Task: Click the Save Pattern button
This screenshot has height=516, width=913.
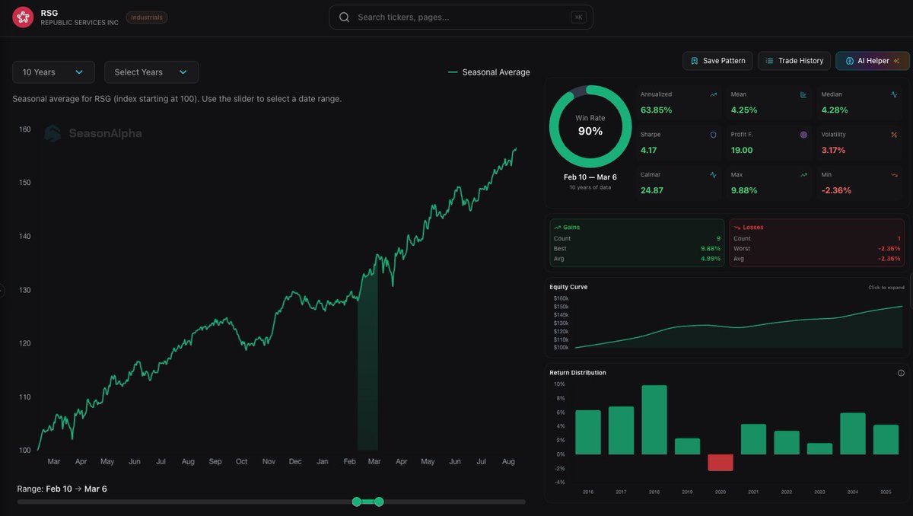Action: (717, 61)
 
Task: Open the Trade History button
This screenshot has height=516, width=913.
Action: (794, 61)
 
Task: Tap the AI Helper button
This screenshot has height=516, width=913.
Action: (872, 61)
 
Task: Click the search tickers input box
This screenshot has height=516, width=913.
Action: (460, 17)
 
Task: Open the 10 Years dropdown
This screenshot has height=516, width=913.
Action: (53, 72)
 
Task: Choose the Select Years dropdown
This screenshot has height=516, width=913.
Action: (151, 72)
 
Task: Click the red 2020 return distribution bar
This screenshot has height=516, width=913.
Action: (721, 463)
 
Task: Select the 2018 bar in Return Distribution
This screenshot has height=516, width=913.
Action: (654, 420)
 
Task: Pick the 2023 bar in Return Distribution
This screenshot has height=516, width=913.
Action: (819, 449)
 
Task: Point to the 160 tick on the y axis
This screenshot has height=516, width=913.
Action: (25, 129)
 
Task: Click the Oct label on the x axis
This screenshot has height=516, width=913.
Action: (242, 461)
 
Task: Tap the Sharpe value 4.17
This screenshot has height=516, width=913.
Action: (649, 151)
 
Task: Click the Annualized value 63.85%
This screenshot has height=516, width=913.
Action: (657, 110)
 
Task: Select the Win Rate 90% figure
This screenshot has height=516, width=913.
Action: (590, 131)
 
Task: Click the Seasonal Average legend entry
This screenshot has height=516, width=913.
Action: (495, 72)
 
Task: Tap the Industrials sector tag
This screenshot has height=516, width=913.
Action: (147, 17)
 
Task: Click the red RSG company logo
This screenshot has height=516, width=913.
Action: (23, 17)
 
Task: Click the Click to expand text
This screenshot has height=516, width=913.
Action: (886, 288)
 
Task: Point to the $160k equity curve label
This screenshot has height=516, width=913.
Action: (561, 298)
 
